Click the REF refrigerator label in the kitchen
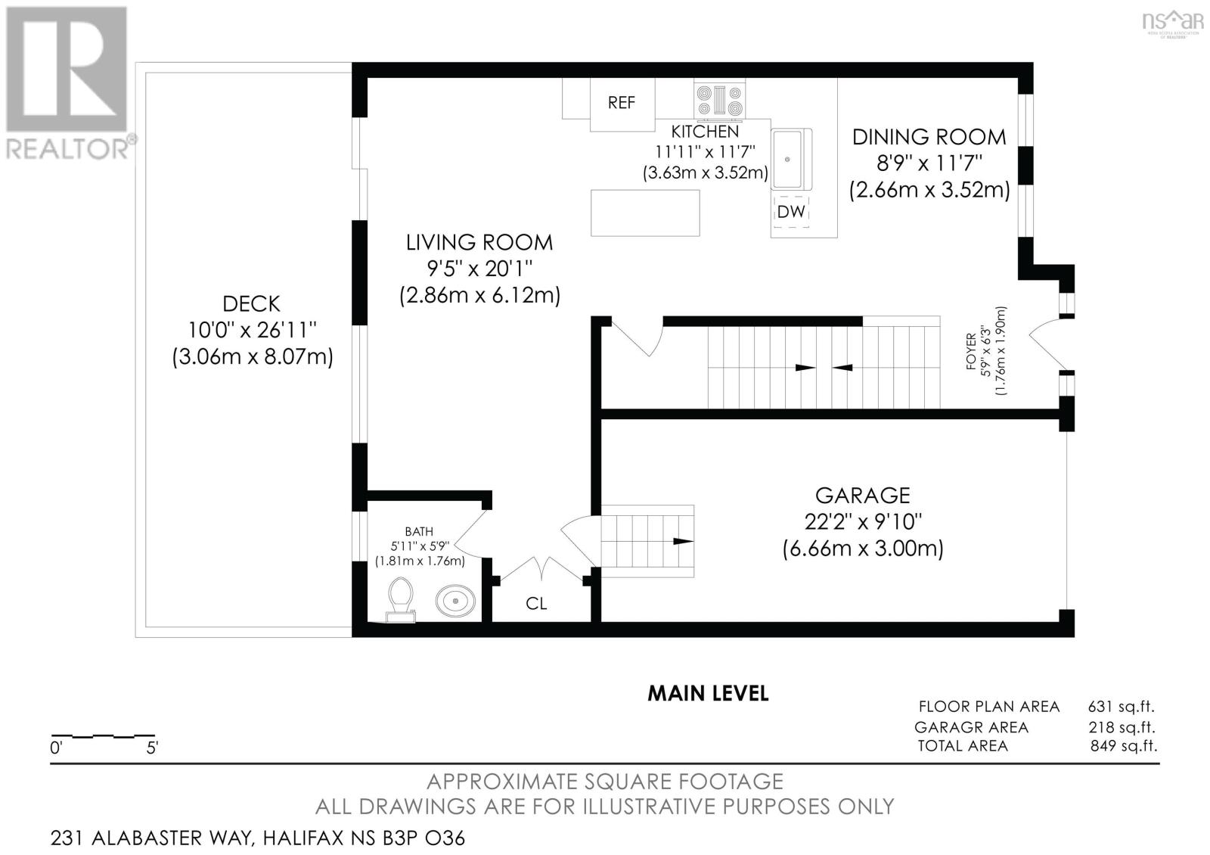point(621,102)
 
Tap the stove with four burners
point(719,101)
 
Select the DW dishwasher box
point(791,212)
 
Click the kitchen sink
point(788,159)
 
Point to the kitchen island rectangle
point(645,213)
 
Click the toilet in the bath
point(401,598)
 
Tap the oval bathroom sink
point(455,601)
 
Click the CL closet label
point(536,603)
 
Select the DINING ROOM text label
point(929,137)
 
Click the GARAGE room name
point(862,496)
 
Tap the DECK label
point(252,304)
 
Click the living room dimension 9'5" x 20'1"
point(479,269)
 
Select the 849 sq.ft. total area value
point(1123,746)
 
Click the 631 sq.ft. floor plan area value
point(1121,707)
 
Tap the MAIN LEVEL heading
point(708,693)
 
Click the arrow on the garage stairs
point(683,541)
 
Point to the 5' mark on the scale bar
point(152,748)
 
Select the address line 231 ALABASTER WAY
point(257,838)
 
